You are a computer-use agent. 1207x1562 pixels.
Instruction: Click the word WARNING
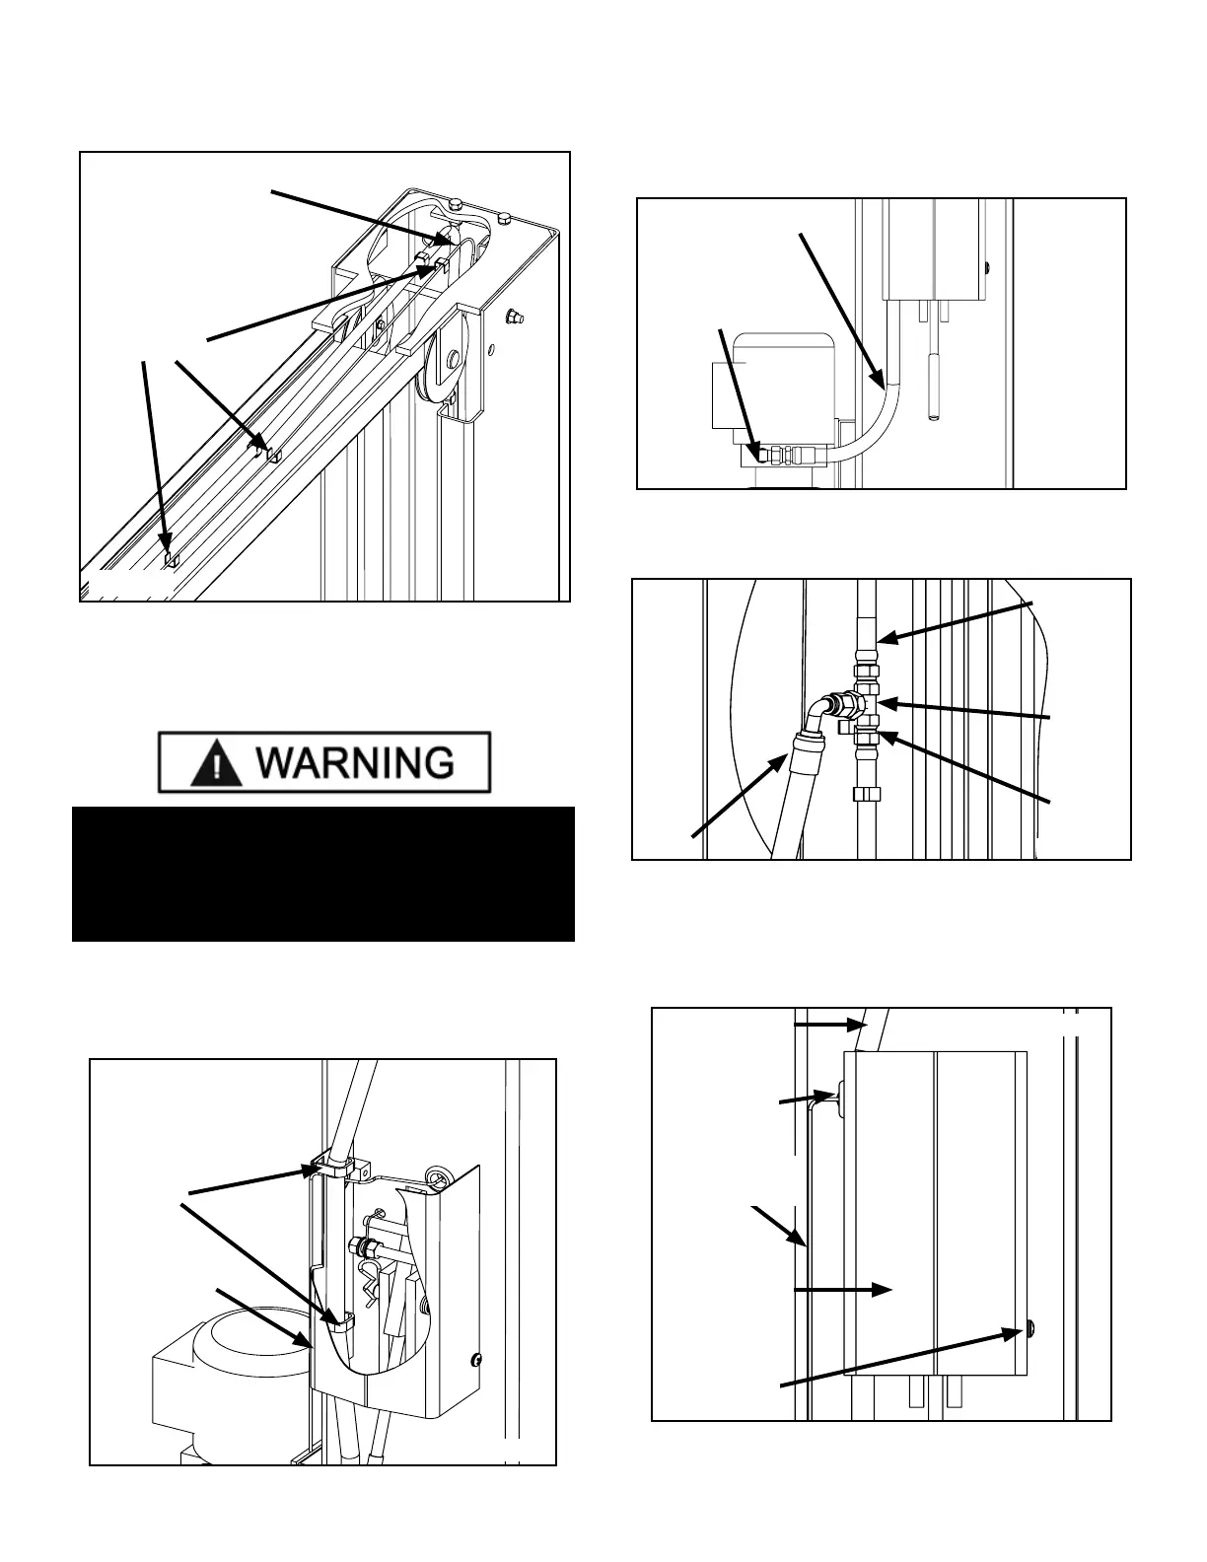(x=357, y=763)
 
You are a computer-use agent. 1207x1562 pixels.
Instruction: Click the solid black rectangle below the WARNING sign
(x=323, y=874)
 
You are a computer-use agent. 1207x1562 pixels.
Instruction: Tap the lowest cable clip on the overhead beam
(x=171, y=557)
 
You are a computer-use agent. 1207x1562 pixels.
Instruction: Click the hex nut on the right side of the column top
(x=513, y=317)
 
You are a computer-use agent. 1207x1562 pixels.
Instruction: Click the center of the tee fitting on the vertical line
(x=865, y=704)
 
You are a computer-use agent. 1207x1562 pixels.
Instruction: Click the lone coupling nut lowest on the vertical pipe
(x=864, y=795)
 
